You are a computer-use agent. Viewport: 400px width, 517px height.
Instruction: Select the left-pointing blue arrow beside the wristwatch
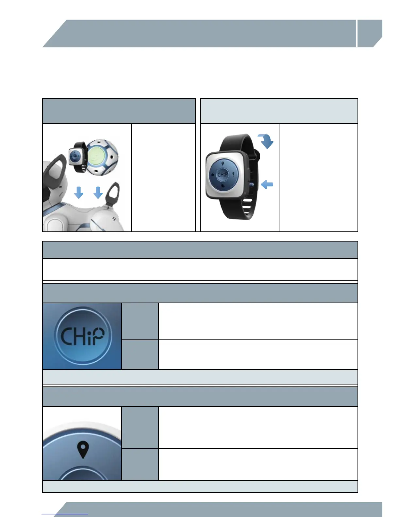coord(267,185)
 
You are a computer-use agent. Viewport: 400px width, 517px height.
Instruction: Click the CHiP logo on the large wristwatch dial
coord(223,175)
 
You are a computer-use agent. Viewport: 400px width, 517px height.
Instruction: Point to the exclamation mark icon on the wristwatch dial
coord(233,175)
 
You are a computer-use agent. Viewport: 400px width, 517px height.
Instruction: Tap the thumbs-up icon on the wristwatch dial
coord(212,175)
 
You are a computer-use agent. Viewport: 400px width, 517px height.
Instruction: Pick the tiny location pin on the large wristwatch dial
coord(223,164)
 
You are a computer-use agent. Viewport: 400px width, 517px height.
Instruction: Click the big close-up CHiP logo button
coord(82,336)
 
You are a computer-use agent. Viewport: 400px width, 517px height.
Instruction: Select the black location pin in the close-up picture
coord(83,450)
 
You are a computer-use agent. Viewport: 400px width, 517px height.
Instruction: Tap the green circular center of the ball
coord(96,155)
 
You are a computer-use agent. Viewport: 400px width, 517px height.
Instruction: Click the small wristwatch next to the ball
coord(77,157)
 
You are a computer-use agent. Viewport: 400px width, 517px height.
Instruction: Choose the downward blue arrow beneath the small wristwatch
coord(79,192)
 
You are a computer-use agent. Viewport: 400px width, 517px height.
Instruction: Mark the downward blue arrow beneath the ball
coord(98,192)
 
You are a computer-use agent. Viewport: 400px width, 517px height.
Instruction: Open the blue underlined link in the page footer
coord(65,514)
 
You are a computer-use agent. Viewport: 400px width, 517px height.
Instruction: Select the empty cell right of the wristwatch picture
coord(318,178)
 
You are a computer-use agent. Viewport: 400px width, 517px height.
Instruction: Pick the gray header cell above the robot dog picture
coord(119,111)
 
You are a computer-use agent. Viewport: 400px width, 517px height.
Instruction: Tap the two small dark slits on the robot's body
coord(114,218)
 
